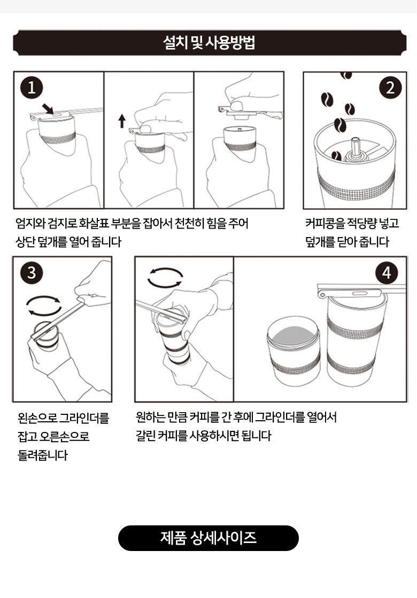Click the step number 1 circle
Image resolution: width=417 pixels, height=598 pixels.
[x=32, y=88]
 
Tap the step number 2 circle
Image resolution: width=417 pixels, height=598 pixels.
[x=390, y=88]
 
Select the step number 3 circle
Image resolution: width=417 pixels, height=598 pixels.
[x=32, y=273]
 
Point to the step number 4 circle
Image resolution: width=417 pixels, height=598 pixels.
[x=387, y=273]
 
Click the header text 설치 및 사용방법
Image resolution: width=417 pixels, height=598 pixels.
[x=209, y=42]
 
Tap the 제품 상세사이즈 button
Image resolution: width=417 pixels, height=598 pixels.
[x=208, y=538]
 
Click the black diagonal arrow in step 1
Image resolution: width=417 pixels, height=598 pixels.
[x=48, y=109]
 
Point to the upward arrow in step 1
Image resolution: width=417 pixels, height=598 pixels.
[x=122, y=121]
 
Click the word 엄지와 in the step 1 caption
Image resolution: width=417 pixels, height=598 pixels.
[x=30, y=223]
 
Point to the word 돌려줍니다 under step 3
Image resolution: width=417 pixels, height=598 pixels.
[x=42, y=455]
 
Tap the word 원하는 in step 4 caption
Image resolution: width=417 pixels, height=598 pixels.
[x=150, y=417]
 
